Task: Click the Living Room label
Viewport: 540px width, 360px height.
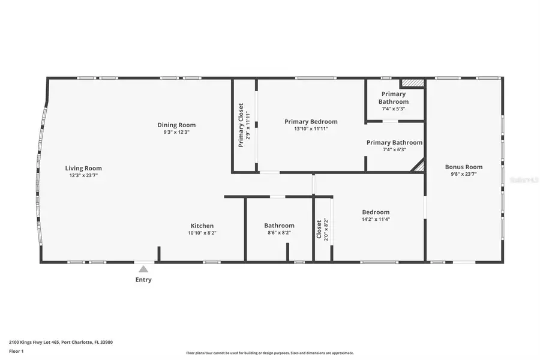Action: (83, 168)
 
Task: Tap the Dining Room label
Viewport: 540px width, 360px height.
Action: (176, 125)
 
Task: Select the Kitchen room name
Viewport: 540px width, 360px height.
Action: (202, 226)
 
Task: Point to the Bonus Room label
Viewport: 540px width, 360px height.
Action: (463, 167)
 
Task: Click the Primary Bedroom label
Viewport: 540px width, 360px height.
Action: (311, 121)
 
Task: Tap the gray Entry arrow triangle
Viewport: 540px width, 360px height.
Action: (143, 270)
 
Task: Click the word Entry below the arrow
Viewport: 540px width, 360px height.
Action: (143, 280)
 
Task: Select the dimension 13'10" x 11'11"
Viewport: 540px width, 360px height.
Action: (311, 128)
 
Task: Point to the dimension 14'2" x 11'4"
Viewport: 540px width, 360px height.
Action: (376, 219)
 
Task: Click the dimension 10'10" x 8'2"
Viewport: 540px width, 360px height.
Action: (202, 233)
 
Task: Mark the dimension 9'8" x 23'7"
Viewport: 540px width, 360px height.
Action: (463, 174)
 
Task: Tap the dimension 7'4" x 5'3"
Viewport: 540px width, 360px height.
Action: (393, 109)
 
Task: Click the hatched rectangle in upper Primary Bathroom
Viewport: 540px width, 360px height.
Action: (412, 83)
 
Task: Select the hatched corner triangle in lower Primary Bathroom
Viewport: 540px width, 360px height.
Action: (419, 166)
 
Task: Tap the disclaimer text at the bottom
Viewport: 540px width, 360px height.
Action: (269, 353)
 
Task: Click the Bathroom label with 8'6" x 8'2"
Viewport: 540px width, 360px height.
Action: (279, 226)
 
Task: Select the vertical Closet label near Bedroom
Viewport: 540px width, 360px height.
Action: (319, 229)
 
